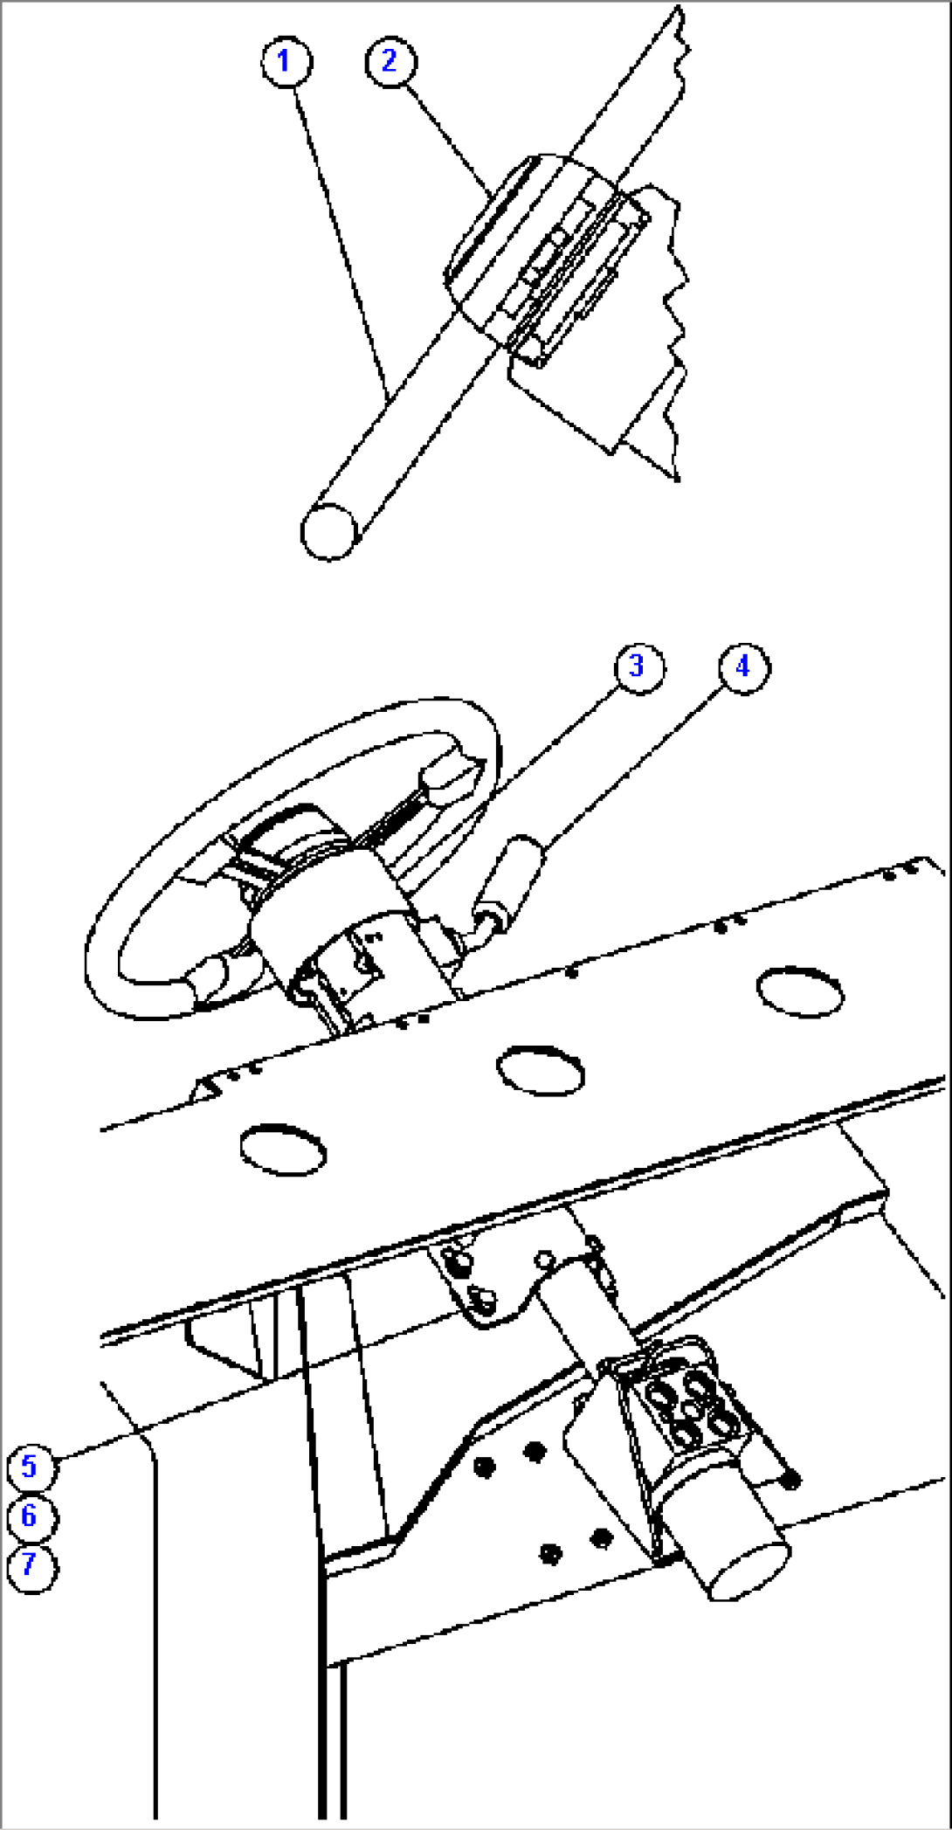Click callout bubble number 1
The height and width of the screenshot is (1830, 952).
coord(286,62)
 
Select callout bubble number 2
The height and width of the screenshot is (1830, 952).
coord(390,61)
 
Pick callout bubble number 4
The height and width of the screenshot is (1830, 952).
coord(744,667)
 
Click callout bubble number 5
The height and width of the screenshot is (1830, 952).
coord(31,1467)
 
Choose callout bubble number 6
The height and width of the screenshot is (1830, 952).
coord(31,1517)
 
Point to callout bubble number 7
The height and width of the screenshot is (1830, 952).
coord(31,1566)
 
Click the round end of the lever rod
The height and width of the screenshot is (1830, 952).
coord(328,530)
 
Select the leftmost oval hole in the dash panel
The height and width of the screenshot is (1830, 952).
coord(283,1149)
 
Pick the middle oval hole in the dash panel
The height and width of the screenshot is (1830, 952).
coord(540,1068)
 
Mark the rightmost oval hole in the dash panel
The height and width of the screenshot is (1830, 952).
coord(799,991)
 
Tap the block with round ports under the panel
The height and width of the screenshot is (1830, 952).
coord(690,1406)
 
